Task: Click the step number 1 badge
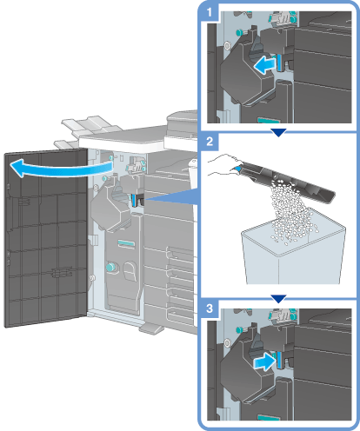pyautogui.click(x=210, y=12)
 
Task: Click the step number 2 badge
pyautogui.click(x=210, y=142)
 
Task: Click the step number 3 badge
pyautogui.click(x=210, y=308)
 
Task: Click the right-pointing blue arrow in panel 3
pyautogui.click(x=263, y=361)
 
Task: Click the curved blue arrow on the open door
pyautogui.click(x=61, y=170)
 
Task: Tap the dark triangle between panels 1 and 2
pyautogui.click(x=278, y=132)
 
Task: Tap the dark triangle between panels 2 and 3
pyautogui.click(x=278, y=299)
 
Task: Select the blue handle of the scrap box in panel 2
pyautogui.click(x=237, y=169)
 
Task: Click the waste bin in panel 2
pyautogui.click(x=293, y=252)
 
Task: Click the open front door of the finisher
pyautogui.click(x=46, y=237)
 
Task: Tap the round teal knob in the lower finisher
pyautogui.click(x=110, y=267)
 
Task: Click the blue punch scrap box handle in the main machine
pyautogui.click(x=133, y=200)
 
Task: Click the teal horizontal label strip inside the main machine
pyautogui.click(x=126, y=243)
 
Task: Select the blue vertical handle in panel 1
pyautogui.click(x=279, y=63)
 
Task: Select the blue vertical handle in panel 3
pyautogui.click(x=279, y=360)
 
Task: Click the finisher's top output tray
pyautogui.click(x=91, y=123)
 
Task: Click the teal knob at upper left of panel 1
pyautogui.click(x=240, y=31)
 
